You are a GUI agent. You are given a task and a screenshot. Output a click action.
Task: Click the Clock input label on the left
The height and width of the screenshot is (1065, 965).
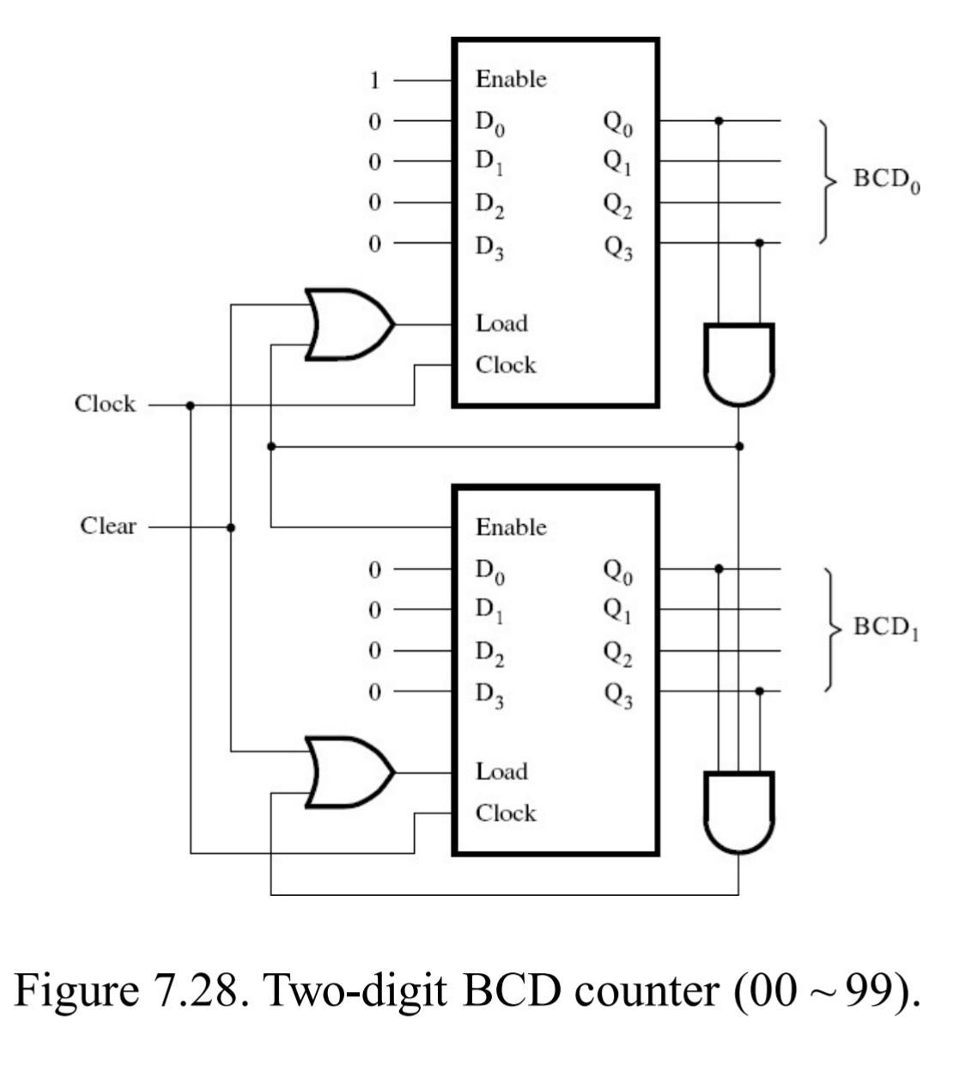105,404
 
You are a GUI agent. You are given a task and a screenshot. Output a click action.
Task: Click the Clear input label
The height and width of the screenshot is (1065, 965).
108,526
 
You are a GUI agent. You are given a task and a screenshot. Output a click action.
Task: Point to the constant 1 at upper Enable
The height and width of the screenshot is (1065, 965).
374,81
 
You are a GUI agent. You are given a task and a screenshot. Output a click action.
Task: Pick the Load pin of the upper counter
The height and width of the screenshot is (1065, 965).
501,324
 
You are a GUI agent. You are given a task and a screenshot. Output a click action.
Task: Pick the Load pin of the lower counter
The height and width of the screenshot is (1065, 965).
501,771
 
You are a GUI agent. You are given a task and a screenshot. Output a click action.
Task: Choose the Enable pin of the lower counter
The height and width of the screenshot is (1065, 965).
511,526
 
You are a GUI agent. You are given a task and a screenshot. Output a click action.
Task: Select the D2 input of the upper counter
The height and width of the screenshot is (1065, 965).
490,205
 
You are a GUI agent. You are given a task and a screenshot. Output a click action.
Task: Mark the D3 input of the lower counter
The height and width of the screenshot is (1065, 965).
490,695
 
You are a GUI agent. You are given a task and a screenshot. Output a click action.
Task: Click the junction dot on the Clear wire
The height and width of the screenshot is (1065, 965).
230,527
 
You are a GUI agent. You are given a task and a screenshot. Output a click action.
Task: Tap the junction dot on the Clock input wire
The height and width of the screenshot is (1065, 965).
190,405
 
